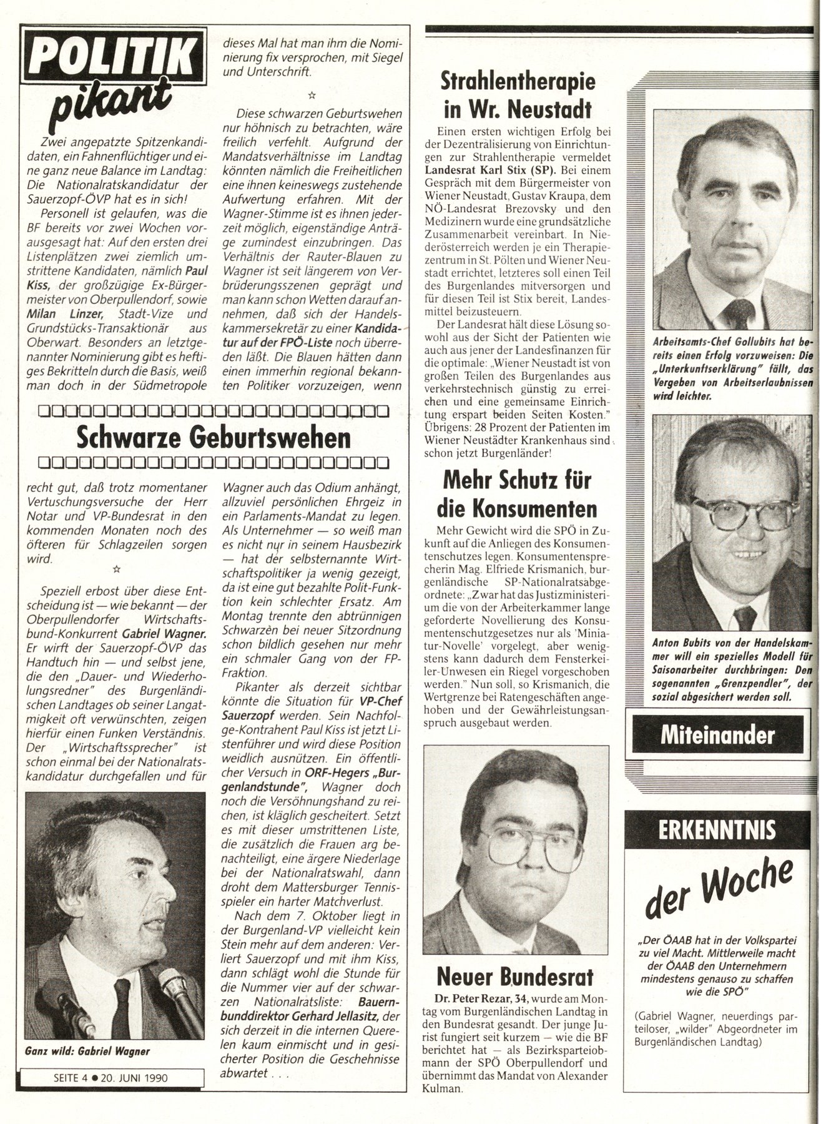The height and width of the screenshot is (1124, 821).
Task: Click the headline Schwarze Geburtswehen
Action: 213,439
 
